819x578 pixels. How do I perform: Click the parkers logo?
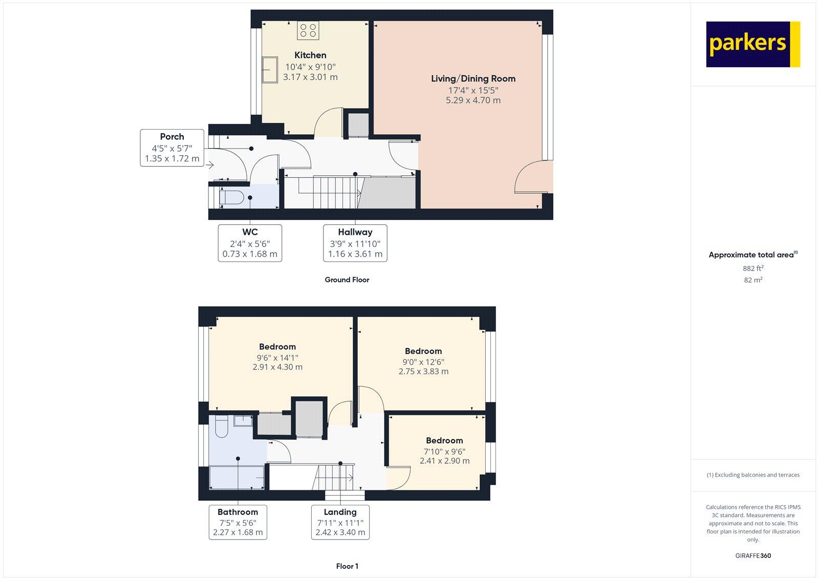pos(752,44)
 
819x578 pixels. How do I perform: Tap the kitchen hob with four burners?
pos(308,30)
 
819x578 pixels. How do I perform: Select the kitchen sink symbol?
pos(270,70)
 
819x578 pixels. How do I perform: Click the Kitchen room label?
pos(310,55)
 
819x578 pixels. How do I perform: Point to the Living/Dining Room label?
pos(473,79)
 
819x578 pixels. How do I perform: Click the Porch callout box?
pos(172,148)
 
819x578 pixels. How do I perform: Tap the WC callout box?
pos(250,243)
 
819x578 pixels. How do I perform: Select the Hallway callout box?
pos(355,243)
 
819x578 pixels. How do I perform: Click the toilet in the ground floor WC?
pos(231,197)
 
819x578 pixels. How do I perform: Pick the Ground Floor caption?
pos(347,280)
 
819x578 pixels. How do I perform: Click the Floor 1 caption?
pos(347,566)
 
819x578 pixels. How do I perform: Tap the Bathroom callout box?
pos(238,522)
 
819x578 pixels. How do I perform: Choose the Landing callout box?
pos(340,522)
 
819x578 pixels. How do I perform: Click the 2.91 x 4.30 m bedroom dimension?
pos(277,367)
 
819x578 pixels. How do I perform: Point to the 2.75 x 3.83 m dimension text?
pos(423,371)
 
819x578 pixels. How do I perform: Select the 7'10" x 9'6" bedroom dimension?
pos(444,451)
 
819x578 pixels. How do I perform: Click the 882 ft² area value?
pos(753,269)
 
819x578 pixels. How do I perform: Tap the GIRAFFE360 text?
pos(753,555)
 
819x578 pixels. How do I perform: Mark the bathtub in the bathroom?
pos(237,477)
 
